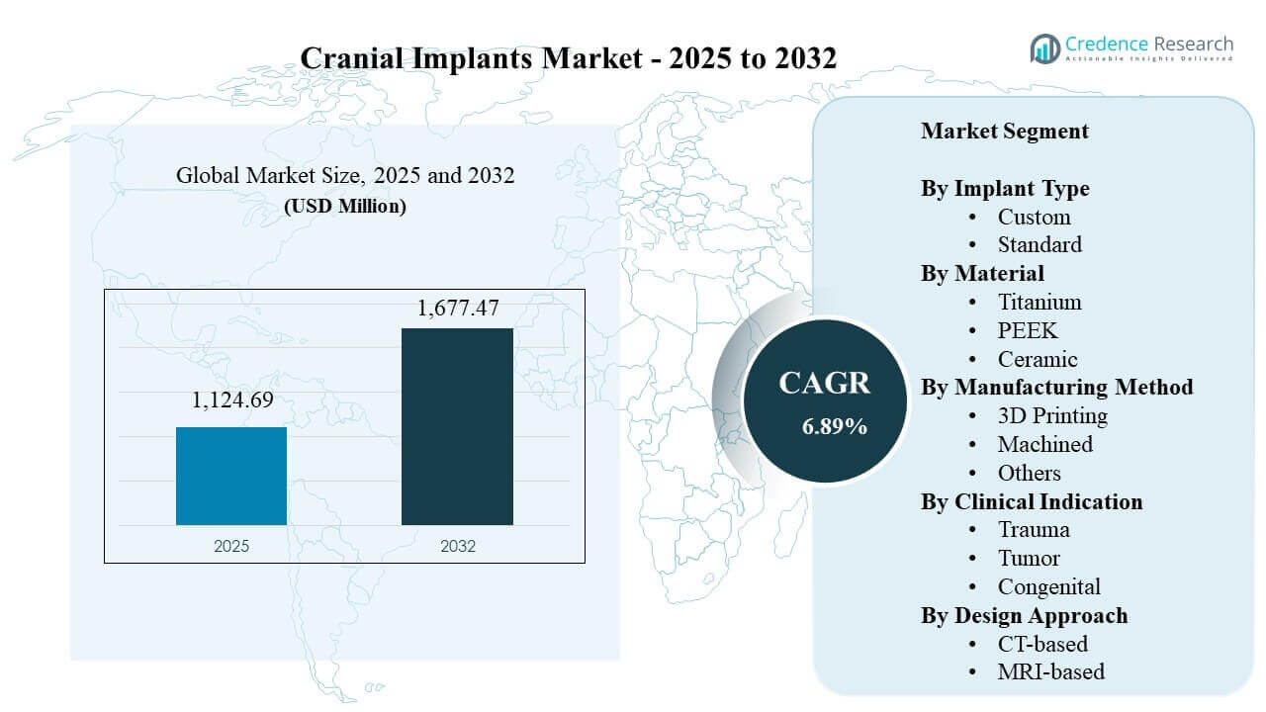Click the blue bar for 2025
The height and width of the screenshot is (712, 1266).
pos(231,476)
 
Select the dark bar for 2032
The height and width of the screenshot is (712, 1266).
pos(457,426)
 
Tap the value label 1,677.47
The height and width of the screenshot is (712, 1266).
pos(458,309)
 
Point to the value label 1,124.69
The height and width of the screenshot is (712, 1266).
pos(231,400)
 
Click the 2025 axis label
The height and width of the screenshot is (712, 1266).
pos(231,546)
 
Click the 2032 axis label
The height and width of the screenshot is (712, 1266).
pos(457,546)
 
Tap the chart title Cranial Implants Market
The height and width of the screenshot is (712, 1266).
pos(568,58)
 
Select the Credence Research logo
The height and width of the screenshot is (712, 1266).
pos(1131,47)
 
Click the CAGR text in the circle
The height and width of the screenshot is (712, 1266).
pos(824,384)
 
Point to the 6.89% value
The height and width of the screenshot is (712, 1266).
pos(835,426)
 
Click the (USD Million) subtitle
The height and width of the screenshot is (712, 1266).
pos(345,207)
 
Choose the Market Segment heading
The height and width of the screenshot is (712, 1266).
pos(1004,131)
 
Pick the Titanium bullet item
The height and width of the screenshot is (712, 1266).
pos(1039,302)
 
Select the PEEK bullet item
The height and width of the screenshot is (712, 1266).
pos(1027,330)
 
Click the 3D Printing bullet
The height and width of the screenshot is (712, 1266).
pos(1051,415)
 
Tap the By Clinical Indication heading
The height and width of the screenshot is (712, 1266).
pos(1032,501)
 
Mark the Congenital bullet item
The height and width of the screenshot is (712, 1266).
pos(1048,587)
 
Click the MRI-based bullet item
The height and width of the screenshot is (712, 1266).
pos(1050,672)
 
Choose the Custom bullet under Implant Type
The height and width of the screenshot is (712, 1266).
pos(1034,217)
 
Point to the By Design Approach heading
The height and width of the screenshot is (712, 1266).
pos(1024,615)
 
